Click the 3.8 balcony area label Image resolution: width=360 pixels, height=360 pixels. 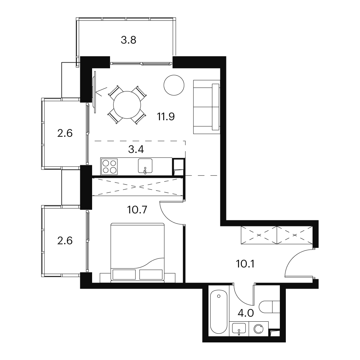pyautogui.click(x=129, y=40)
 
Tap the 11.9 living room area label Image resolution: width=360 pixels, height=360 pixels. pyautogui.click(x=166, y=117)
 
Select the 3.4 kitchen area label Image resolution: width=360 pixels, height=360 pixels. pyautogui.click(x=136, y=149)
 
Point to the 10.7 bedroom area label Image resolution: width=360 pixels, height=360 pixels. pyautogui.click(x=137, y=210)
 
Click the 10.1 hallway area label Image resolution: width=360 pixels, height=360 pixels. pyautogui.click(x=245, y=264)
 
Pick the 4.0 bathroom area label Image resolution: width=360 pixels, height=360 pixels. pyautogui.click(x=246, y=313)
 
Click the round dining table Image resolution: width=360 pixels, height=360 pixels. pyautogui.click(x=127, y=105)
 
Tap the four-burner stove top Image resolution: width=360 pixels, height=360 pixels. pyautogui.click(x=109, y=166)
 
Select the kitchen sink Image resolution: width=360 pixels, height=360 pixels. pyautogui.click(x=145, y=166)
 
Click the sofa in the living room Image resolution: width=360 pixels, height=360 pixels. pyautogui.click(x=207, y=107)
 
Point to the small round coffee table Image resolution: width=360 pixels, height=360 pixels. pyautogui.click(x=174, y=85)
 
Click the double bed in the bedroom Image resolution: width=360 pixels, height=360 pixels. pyautogui.click(x=138, y=252)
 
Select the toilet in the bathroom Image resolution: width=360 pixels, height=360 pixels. pyautogui.click(x=269, y=307)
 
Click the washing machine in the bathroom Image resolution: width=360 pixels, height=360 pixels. pyautogui.click(x=259, y=329)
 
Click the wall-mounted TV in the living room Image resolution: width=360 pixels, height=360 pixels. pyautogui.click(x=94, y=92)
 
